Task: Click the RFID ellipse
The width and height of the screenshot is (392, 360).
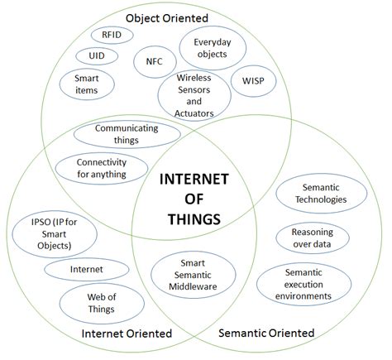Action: (x=111, y=36)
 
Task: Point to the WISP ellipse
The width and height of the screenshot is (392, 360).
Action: (x=253, y=80)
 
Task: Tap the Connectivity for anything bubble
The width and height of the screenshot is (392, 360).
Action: (x=95, y=168)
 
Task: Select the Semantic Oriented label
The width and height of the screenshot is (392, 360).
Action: (x=265, y=333)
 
